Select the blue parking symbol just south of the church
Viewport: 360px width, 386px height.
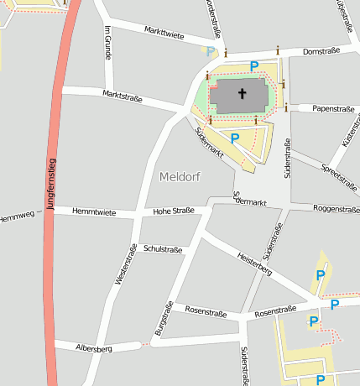(x=236, y=138)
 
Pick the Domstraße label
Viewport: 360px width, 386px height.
(x=321, y=50)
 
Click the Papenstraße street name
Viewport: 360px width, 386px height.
(x=333, y=108)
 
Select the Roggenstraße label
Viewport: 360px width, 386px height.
(x=336, y=208)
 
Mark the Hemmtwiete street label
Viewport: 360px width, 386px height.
(x=94, y=211)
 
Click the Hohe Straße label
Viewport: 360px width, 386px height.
(x=174, y=211)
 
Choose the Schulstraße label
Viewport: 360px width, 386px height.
(x=163, y=249)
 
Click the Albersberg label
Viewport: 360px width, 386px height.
(x=93, y=347)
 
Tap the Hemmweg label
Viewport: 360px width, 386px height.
(x=17, y=217)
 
